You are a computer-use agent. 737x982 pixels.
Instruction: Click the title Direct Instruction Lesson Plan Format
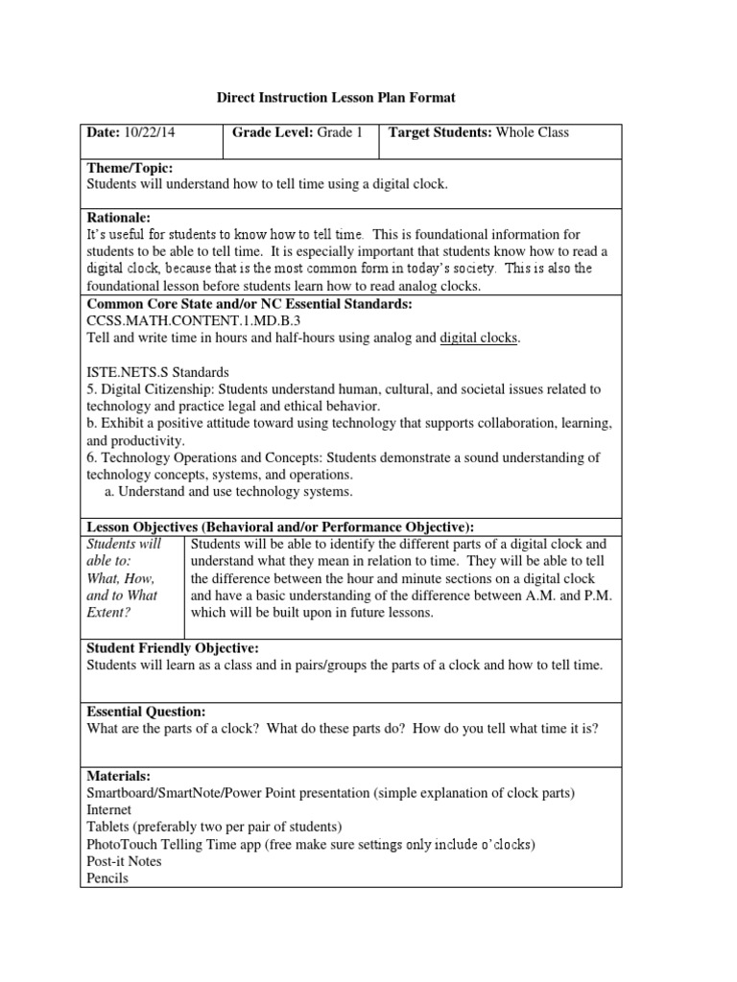pos(335,98)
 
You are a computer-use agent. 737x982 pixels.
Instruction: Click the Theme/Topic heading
pos(130,168)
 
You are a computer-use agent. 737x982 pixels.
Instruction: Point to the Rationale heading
pos(119,219)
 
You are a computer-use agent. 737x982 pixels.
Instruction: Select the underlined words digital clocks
pos(479,338)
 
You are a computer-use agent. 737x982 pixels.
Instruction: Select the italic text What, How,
pos(120,578)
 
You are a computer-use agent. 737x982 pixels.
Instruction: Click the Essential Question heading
pos(146,712)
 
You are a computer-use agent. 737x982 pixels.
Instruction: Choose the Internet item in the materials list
pos(110,809)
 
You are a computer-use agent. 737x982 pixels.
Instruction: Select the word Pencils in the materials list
pos(107,877)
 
